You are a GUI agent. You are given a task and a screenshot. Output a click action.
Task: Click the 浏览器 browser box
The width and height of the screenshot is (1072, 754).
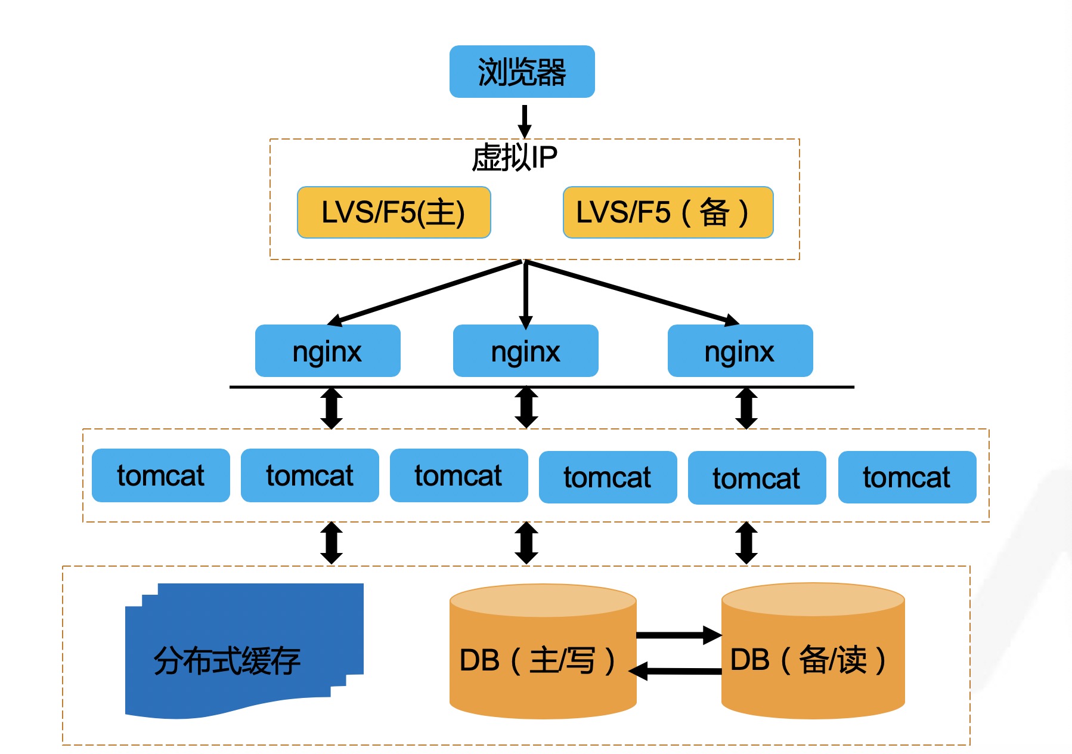point(522,72)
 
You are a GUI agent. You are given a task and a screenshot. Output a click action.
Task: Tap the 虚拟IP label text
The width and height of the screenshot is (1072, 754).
point(515,157)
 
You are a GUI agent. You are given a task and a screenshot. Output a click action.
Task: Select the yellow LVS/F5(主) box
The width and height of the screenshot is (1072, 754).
point(394,212)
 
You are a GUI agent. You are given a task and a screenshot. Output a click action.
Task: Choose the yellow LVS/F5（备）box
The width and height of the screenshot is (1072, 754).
point(668,212)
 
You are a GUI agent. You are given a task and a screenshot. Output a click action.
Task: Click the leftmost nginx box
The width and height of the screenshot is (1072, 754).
point(327,351)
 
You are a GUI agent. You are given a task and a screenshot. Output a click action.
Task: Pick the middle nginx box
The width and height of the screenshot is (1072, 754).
point(525,351)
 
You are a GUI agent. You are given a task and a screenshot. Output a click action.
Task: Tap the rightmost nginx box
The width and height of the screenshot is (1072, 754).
point(740,351)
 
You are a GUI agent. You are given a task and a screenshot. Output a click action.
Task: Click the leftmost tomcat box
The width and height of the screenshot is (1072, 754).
point(160,475)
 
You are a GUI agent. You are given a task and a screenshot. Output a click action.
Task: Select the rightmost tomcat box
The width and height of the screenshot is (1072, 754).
point(907,477)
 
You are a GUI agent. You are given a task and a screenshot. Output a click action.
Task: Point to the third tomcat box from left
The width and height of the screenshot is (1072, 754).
point(458,475)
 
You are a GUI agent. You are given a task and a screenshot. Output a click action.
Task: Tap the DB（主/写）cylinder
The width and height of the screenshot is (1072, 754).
point(543,656)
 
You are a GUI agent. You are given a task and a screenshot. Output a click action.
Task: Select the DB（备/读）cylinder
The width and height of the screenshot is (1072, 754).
point(813,656)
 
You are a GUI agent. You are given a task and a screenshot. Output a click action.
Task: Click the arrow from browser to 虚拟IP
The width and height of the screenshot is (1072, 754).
point(525,120)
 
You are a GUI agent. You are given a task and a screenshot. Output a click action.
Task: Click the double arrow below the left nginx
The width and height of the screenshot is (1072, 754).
point(331,408)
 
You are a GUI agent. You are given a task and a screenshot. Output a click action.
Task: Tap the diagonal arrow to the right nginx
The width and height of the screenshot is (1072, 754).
point(632,292)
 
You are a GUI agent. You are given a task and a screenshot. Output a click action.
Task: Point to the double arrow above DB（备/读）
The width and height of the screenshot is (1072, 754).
point(746,543)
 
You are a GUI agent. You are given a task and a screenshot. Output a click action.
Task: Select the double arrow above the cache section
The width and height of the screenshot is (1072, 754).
point(331,543)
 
